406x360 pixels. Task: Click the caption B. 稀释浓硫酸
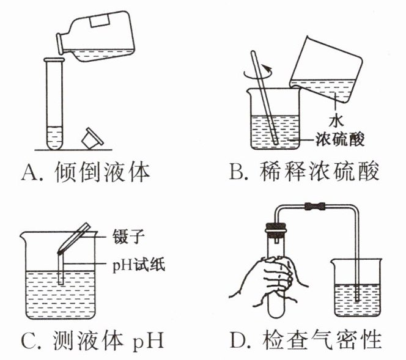tap(304, 173)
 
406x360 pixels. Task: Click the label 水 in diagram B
tap(334, 116)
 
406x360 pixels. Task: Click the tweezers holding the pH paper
tap(74, 240)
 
